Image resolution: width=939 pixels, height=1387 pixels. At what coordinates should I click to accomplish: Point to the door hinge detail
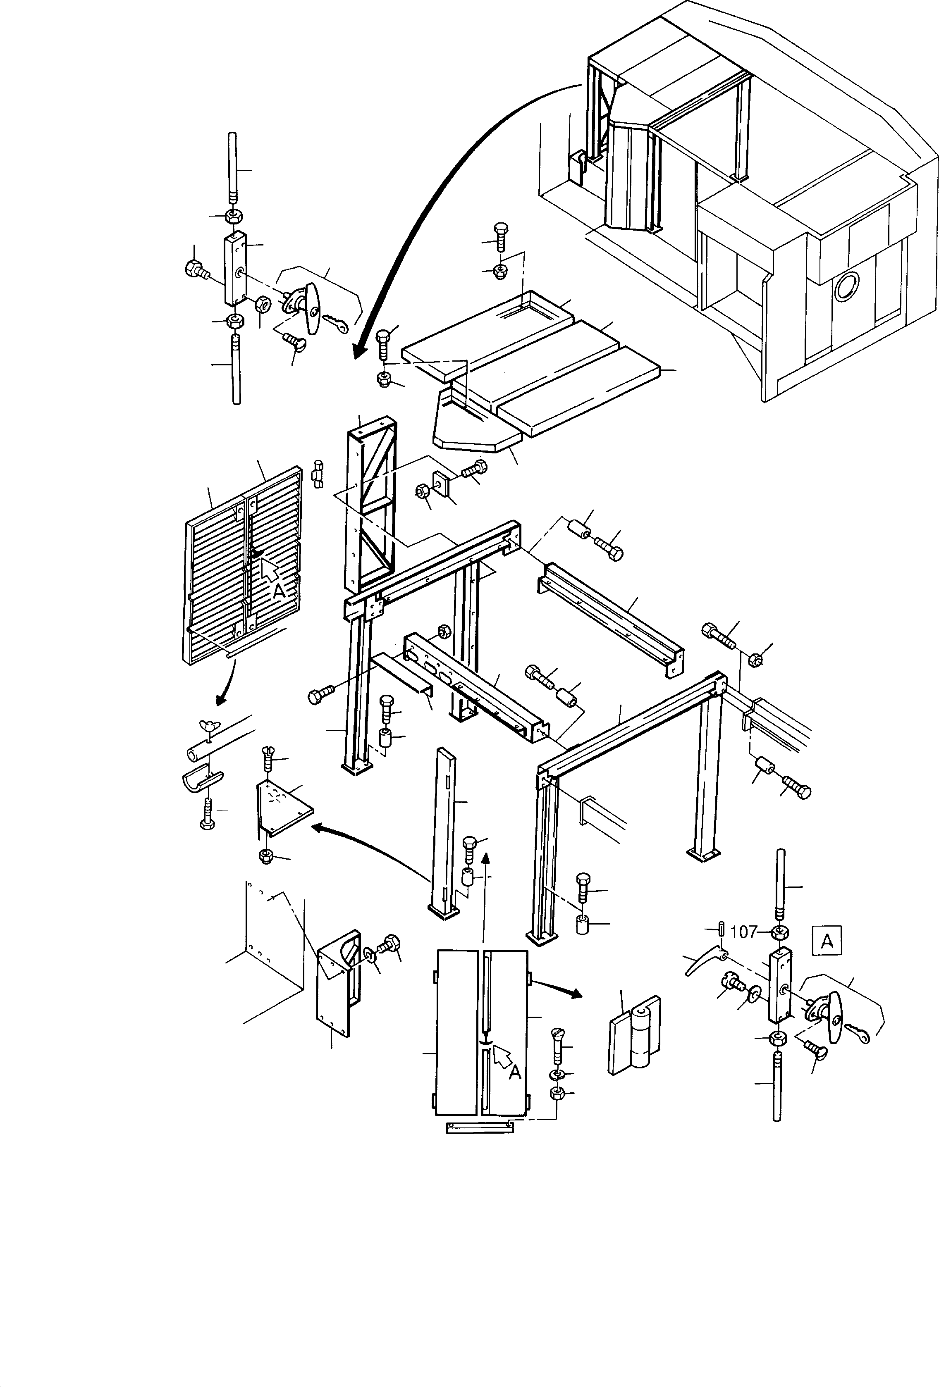tap(634, 1041)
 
